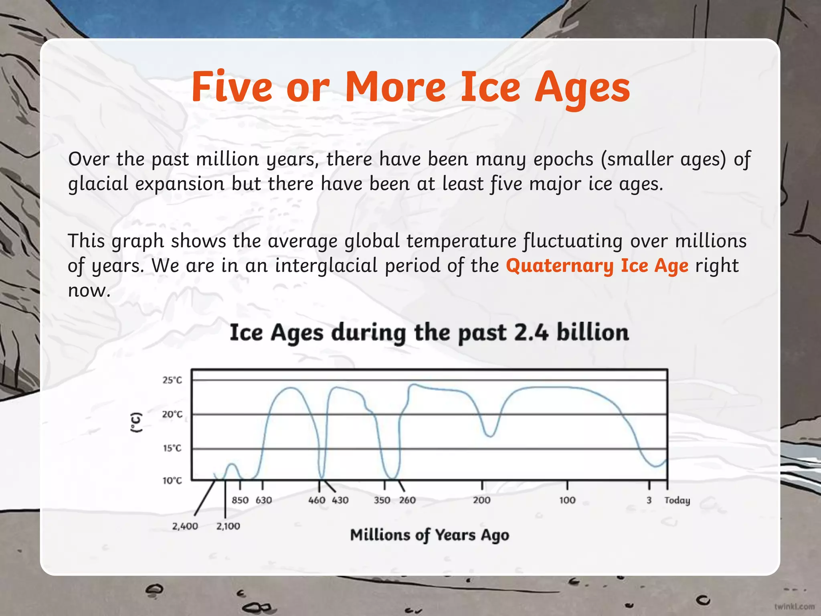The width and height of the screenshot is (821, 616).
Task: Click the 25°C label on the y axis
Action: coord(172,380)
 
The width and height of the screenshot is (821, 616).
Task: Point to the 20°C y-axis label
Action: coord(172,414)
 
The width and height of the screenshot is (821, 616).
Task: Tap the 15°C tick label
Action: coord(172,448)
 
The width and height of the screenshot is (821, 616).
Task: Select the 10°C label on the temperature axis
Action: coord(172,480)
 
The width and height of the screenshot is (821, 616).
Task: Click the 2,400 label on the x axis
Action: coord(185,526)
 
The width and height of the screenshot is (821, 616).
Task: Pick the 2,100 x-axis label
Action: coord(228,526)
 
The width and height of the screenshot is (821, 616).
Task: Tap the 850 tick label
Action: coord(240,500)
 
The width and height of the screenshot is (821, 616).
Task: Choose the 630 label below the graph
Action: coord(264,500)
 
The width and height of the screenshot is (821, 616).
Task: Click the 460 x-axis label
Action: coord(317,500)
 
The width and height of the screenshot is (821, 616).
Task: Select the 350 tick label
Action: coord(382,500)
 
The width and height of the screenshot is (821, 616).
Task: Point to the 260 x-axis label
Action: coord(407,500)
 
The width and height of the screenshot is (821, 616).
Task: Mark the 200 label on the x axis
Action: coord(481,500)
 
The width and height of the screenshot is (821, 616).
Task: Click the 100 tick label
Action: coord(567,500)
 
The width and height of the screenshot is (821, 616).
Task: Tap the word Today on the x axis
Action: coord(677,500)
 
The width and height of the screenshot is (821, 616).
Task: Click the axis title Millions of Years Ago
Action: coord(429,535)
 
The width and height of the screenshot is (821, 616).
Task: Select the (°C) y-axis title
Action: coord(137,422)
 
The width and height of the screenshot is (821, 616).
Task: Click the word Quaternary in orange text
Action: coord(560,265)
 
